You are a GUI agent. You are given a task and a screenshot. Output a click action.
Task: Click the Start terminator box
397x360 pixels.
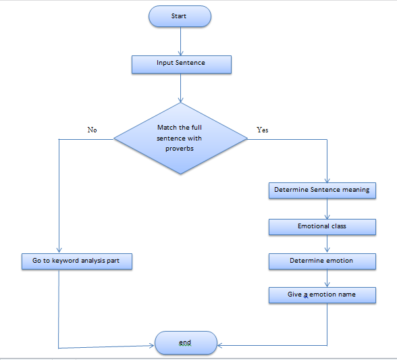(x=180, y=16)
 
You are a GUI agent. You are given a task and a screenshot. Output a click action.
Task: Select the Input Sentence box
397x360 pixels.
(x=182, y=65)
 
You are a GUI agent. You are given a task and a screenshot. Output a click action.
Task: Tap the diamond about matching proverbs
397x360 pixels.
(x=180, y=138)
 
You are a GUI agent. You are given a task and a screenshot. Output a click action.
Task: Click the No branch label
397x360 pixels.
(x=92, y=130)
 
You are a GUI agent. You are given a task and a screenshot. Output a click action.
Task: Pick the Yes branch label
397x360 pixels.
(x=262, y=130)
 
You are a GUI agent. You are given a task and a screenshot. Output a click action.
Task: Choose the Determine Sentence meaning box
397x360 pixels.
(x=322, y=190)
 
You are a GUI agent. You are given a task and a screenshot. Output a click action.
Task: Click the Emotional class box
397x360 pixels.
(x=322, y=227)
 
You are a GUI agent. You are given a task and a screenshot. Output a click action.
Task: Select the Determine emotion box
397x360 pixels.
(x=322, y=261)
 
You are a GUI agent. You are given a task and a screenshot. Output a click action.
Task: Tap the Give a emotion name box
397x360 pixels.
(x=322, y=295)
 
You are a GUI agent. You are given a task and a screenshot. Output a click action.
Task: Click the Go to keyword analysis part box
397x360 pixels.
(x=77, y=261)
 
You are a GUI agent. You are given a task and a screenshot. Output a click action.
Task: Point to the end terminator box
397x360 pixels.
(x=186, y=342)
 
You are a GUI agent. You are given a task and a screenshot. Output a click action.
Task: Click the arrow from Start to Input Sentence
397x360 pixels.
(x=180, y=41)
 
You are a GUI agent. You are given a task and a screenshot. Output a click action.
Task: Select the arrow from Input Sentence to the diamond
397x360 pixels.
(x=180, y=88)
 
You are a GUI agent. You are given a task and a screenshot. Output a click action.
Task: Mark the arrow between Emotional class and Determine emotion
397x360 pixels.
(x=327, y=243)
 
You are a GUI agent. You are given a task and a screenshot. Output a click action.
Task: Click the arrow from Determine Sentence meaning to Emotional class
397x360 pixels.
(x=327, y=209)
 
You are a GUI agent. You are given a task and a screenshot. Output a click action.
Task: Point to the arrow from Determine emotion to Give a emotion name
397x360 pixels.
(x=327, y=278)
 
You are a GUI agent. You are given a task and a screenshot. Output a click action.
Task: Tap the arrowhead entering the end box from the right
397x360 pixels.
(x=219, y=345)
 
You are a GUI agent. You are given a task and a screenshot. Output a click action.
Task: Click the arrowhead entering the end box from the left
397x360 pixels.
(x=152, y=345)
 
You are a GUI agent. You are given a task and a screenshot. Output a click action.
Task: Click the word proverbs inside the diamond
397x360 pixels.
(x=180, y=149)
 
